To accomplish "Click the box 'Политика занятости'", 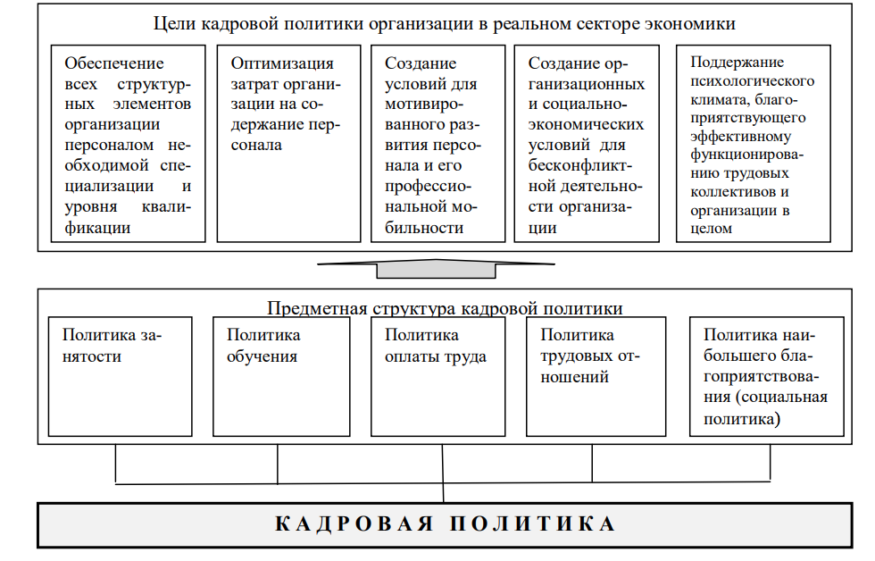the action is click(120, 377).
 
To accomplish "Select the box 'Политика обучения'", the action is click(281, 377).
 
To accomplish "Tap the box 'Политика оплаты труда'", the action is click(438, 377).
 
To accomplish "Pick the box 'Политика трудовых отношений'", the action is click(596, 377).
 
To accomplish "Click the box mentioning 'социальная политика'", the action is click(767, 377).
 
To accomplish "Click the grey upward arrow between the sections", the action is click(436, 269).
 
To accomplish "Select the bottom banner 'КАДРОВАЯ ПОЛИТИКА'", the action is click(445, 524).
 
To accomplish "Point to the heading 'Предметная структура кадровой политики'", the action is click(445, 308).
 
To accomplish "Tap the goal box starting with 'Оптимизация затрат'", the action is click(288, 144).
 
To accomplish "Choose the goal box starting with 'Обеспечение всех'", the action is click(128, 144).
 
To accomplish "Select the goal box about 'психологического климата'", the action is click(754, 144).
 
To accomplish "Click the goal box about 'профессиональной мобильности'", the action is click(438, 144).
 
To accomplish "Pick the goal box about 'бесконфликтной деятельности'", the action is click(587, 144).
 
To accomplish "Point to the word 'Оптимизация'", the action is click(282, 63).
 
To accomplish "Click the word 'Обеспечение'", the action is click(114, 63).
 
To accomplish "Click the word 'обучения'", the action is click(262, 356).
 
